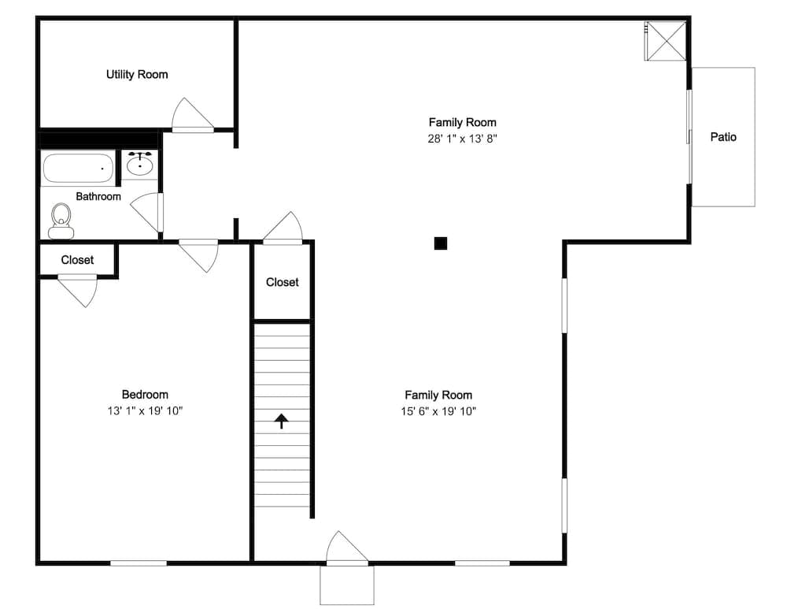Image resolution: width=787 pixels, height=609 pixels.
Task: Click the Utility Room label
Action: (137, 74)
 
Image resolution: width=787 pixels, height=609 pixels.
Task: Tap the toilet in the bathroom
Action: (61, 221)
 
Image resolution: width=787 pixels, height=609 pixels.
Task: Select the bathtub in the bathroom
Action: (78, 168)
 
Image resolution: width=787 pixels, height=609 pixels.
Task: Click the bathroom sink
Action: (140, 164)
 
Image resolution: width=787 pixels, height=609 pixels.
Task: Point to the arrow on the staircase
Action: (281, 421)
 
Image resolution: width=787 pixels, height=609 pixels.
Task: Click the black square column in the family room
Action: (441, 243)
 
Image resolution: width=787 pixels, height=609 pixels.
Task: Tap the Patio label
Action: (723, 137)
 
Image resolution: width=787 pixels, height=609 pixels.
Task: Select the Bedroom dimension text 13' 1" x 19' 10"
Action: (145, 410)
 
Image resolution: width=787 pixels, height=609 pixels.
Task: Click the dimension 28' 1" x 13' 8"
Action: (463, 138)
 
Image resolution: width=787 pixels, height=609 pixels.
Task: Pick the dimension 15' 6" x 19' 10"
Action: (439, 410)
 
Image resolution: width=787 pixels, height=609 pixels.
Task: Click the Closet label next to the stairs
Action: (282, 282)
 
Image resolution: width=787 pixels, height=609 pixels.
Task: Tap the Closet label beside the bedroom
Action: (77, 260)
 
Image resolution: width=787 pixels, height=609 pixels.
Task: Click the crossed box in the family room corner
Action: (665, 40)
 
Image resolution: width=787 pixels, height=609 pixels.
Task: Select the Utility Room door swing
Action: (190, 115)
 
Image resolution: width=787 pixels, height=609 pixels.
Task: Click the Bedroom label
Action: (145, 395)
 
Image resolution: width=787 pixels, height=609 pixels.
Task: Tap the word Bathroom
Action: (98, 196)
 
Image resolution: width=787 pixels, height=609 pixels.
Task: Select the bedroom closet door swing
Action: (79, 290)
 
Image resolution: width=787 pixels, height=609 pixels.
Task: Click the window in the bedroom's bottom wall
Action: (139, 563)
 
